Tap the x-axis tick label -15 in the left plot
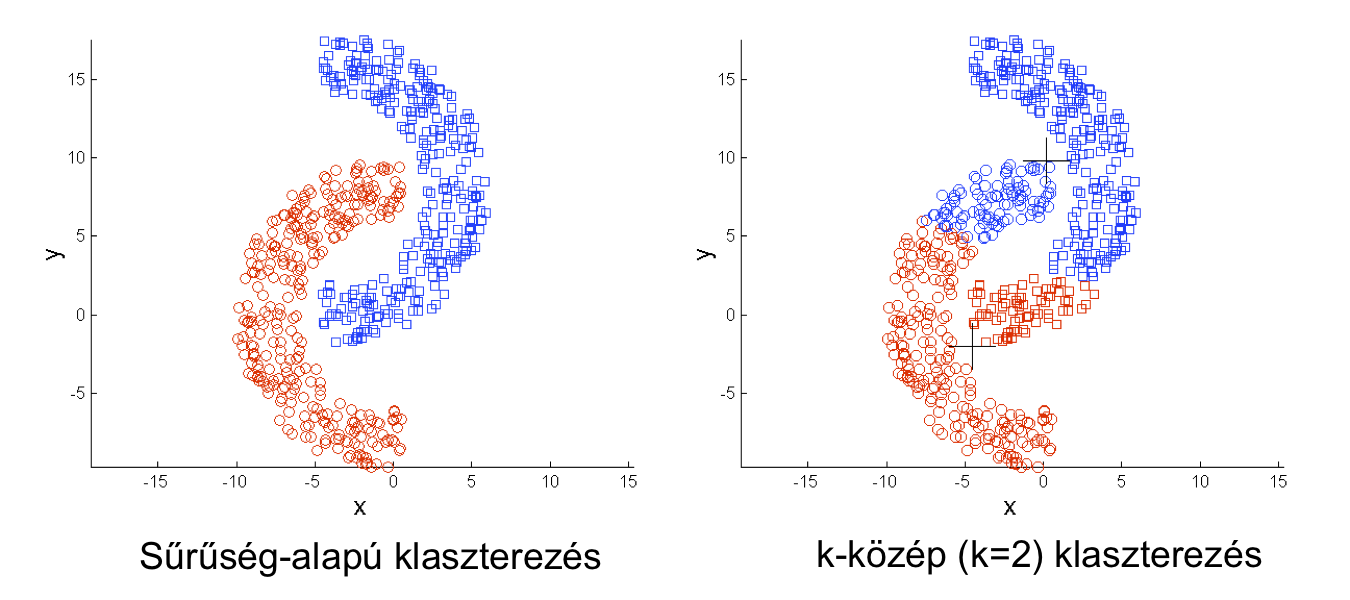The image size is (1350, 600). pos(155,481)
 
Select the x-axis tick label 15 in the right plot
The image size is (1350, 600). pos(1278,481)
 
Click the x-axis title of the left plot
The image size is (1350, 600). pos(360,508)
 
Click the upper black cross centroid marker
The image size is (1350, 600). pos(1046,160)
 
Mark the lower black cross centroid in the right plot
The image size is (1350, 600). pos(971,346)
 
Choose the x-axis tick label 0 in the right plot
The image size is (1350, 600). pos(1042,481)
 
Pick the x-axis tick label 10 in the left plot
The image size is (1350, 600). pos(550,481)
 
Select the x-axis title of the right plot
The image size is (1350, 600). pos(1010,508)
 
